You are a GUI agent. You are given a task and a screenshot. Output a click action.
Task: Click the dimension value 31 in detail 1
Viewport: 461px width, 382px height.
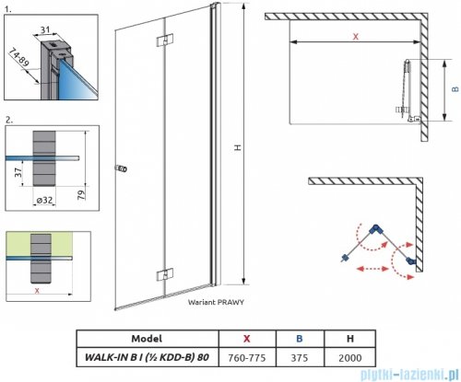click(x=45, y=29)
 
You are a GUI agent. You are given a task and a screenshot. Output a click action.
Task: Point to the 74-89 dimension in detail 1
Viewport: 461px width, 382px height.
click(x=19, y=57)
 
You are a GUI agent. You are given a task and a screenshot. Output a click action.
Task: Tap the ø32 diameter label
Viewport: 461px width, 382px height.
click(x=44, y=200)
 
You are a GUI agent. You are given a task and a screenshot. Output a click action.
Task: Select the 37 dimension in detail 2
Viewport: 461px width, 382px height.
click(x=18, y=172)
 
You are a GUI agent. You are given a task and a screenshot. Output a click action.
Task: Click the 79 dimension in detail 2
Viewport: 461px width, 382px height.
click(x=81, y=195)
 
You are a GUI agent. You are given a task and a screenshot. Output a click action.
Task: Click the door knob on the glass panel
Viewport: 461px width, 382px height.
click(x=121, y=168)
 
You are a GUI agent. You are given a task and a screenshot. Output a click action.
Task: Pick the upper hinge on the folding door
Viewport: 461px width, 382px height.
click(x=165, y=41)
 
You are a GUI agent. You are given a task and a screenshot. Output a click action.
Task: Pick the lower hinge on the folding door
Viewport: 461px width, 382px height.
click(x=165, y=274)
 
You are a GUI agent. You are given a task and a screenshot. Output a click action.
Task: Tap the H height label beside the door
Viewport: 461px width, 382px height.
click(x=237, y=147)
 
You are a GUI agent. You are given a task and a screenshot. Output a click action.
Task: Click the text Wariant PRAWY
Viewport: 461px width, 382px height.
click(x=216, y=302)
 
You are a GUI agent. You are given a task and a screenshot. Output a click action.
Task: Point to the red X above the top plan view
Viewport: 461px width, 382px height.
click(x=356, y=37)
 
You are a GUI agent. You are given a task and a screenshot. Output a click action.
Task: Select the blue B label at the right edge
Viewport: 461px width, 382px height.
click(x=455, y=89)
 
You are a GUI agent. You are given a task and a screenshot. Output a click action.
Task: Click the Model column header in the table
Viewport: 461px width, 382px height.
click(x=147, y=339)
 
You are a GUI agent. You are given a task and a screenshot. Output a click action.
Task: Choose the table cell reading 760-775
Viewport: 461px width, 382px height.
click(x=247, y=358)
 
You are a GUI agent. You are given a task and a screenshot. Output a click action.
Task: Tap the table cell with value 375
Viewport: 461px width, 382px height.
click(x=300, y=358)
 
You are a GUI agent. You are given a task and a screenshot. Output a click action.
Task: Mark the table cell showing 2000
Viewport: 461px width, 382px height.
click(x=350, y=358)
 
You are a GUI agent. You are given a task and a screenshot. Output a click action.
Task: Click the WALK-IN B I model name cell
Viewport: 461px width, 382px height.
click(x=147, y=357)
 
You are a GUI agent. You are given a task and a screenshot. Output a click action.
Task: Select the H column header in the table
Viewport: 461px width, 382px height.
click(x=350, y=339)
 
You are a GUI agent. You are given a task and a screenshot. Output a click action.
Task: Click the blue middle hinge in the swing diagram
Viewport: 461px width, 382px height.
click(x=374, y=229)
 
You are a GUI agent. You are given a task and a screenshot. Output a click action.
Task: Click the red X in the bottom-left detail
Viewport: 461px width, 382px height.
click(x=37, y=291)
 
